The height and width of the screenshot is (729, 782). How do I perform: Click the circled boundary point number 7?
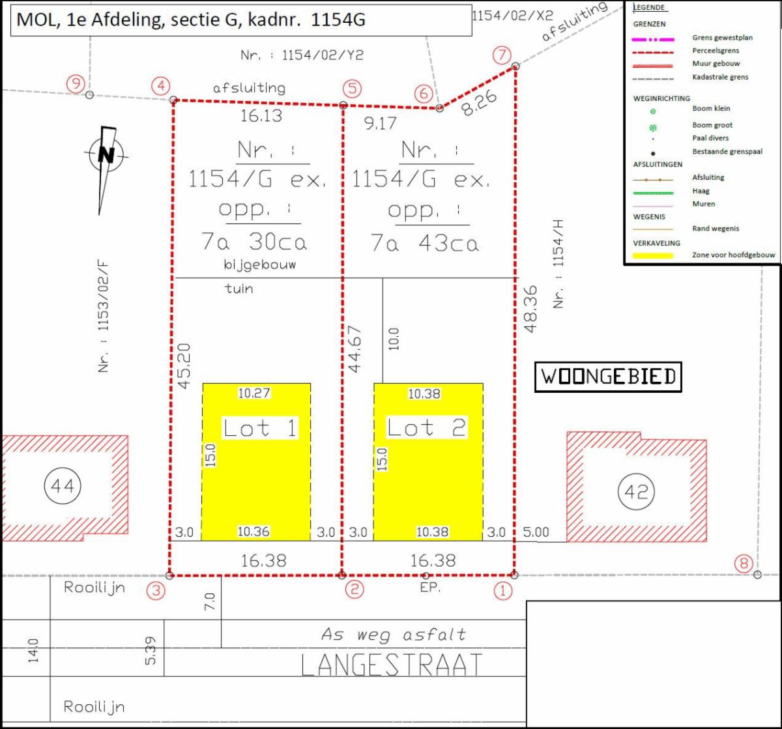(x=502, y=55)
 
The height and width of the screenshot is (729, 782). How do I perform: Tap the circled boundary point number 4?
(x=161, y=86)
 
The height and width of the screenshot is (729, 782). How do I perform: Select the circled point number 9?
(x=76, y=83)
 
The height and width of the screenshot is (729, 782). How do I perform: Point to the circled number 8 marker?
(x=744, y=563)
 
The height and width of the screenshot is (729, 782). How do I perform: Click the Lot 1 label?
(x=260, y=428)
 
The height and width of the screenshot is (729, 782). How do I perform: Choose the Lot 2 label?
(x=426, y=427)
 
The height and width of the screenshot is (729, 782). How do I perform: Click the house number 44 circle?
(x=63, y=485)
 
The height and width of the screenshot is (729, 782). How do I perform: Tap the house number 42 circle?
(x=636, y=491)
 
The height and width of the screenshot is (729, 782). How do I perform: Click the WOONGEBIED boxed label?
(x=608, y=377)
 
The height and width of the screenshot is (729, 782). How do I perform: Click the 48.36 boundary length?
(x=531, y=309)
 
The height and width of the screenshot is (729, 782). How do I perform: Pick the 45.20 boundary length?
(x=184, y=366)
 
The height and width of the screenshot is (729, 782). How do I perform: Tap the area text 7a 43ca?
(x=424, y=243)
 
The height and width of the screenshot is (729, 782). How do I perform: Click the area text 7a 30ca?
(x=254, y=242)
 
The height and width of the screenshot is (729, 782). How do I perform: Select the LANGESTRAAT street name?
(x=392, y=665)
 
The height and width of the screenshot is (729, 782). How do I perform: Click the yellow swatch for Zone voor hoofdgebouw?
(x=653, y=255)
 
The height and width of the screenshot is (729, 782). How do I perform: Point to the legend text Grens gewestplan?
(x=722, y=38)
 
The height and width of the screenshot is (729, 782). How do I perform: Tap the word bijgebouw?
(x=260, y=264)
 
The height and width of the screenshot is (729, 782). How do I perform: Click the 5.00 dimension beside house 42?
(x=536, y=532)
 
